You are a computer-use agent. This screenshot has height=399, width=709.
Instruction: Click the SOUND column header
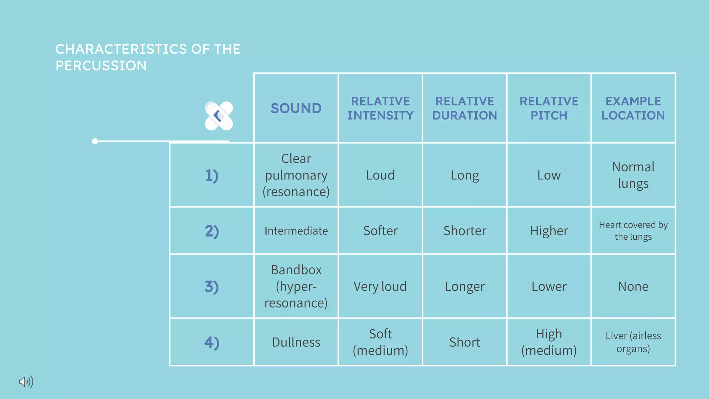(x=296, y=108)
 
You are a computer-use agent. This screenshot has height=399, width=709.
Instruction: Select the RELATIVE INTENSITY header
(x=380, y=108)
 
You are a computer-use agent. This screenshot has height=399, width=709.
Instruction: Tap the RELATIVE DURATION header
(x=465, y=108)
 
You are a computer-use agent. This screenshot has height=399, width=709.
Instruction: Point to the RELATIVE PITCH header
(x=549, y=108)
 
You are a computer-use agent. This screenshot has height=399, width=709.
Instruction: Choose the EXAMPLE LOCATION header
(x=633, y=108)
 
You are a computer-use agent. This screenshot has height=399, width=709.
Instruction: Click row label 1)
(x=212, y=175)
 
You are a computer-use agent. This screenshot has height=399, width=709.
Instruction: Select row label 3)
(x=212, y=287)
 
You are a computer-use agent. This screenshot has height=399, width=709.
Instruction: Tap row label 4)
(x=212, y=343)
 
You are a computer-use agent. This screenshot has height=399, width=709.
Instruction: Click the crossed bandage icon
(x=219, y=116)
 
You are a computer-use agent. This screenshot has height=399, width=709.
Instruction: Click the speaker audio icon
(x=26, y=382)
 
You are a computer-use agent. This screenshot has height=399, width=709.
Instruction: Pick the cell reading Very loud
(x=380, y=286)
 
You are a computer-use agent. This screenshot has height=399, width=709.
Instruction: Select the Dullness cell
(x=296, y=342)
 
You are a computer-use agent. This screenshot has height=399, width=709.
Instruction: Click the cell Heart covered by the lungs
(x=633, y=231)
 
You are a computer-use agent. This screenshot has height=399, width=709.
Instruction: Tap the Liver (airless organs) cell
(x=633, y=342)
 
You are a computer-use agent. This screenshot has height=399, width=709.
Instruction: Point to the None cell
(x=633, y=286)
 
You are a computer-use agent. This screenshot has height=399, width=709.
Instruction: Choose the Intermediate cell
(x=296, y=231)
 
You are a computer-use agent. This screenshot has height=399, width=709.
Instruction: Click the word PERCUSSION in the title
(x=101, y=66)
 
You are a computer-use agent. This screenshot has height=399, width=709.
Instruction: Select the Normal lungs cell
(x=633, y=175)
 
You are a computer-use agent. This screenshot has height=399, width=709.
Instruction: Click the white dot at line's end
(x=95, y=141)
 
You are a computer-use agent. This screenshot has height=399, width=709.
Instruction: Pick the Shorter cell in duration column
(x=465, y=231)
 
